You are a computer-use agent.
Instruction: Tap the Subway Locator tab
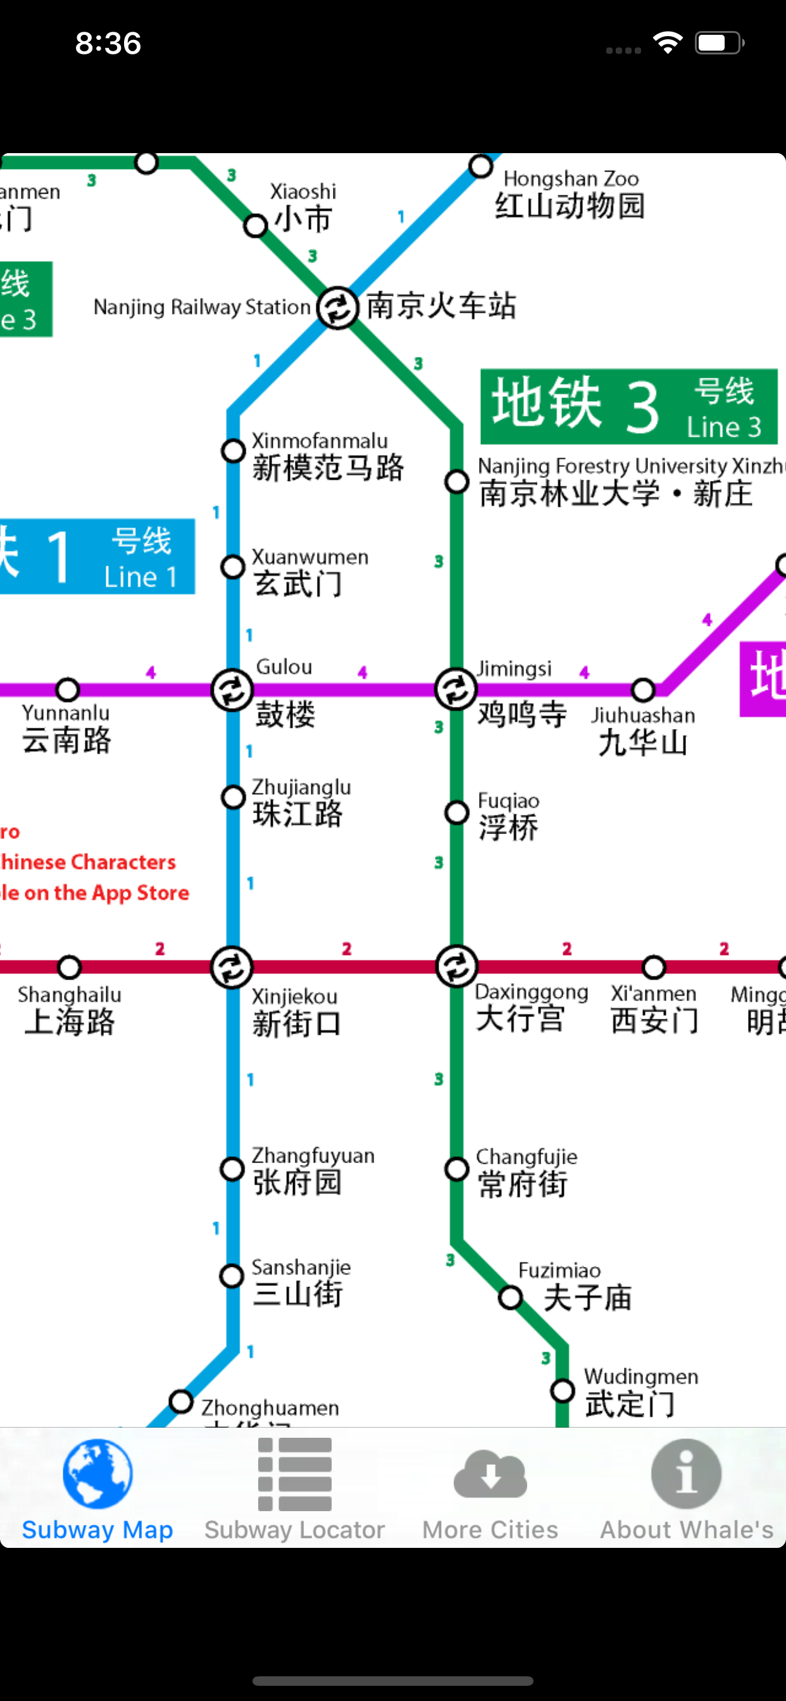click(x=294, y=1489)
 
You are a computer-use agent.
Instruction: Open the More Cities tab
click(x=490, y=1489)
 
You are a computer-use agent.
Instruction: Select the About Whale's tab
click(x=686, y=1489)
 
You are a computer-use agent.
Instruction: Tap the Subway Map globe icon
click(x=97, y=1474)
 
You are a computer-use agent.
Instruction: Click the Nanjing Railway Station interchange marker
click(x=337, y=307)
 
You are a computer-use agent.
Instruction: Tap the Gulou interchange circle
click(x=232, y=690)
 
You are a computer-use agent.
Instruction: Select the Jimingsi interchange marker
click(x=456, y=690)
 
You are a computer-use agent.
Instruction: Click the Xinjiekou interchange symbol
click(x=232, y=968)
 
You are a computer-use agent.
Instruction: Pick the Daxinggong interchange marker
click(x=456, y=968)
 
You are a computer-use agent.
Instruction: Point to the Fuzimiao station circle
click(x=511, y=1297)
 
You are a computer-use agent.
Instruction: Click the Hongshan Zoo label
click(x=570, y=194)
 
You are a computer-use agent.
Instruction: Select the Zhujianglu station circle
click(x=232, y=797)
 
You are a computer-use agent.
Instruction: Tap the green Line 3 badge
click(x=628, y=407)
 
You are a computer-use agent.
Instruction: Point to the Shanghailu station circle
click(x=70, y=968)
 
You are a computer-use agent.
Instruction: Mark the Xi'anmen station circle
click(x=654, y=968)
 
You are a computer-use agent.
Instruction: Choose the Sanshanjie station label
click(x=301, y=1282)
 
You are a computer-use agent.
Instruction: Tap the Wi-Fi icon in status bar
click(x=667, y=44)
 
